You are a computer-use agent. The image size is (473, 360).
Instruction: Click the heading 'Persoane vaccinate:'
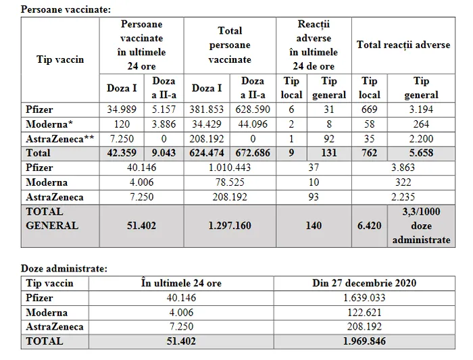(x=66, y=9)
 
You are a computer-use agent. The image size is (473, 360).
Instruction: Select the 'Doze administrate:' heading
(x=63, y=268)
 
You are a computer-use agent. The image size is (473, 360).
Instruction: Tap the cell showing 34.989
(x=122, y=109)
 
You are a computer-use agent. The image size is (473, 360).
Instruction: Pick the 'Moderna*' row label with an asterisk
(x=48, y=124)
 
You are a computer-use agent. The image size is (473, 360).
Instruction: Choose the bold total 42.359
(x=122, y=153)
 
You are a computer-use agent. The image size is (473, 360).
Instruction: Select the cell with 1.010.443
(x=230, y=168)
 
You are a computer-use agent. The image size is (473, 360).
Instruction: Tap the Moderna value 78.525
(x=230, y=182)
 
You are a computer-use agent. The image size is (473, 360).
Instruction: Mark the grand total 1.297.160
(x=230, y=225)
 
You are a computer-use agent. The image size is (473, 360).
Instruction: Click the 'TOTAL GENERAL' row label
(x=52, y=218)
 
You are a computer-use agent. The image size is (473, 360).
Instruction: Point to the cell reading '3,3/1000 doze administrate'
(x=420, y=226)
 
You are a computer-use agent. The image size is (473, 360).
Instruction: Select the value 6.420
(x=370, y=225)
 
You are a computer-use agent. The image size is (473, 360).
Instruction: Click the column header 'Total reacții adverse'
(x=403, y=45)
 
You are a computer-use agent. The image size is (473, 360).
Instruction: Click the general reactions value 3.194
(x=420, y=109)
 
